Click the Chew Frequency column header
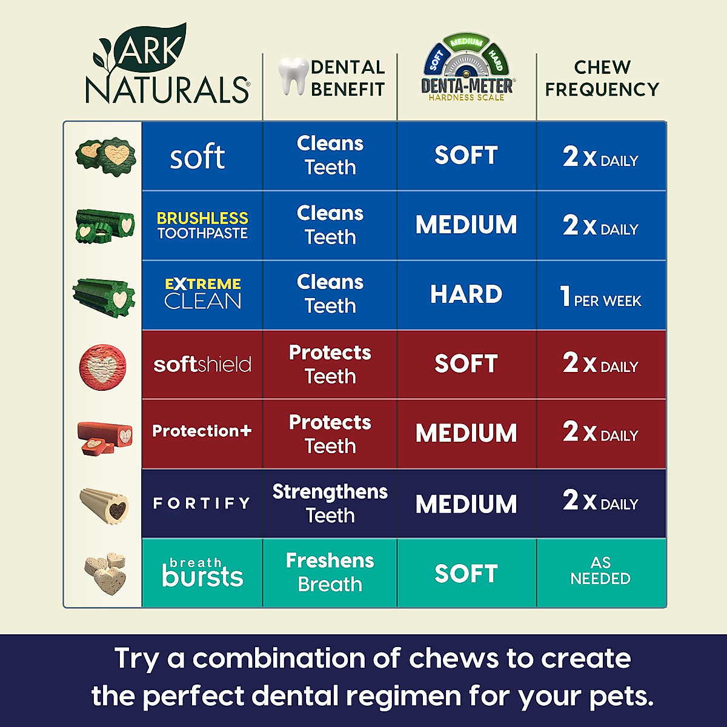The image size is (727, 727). coord(602,78)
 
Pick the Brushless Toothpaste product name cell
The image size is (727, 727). coord(202,225)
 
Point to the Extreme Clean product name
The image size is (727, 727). coord(203,294)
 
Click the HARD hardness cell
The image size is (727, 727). coord(466,294)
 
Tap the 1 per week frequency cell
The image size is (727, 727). coord(601,296)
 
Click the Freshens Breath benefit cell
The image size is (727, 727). coord(330,572)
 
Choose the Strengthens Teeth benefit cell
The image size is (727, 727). coord(330,503)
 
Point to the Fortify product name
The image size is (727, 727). coord(202,503)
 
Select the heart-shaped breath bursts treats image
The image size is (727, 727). coord(105,573)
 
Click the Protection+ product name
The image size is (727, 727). coord(202,431)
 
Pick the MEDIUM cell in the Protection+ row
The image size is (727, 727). coord(466,433)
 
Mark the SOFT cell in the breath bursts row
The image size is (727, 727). coord(466,573)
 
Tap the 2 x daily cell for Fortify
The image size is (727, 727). coord(601,501)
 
